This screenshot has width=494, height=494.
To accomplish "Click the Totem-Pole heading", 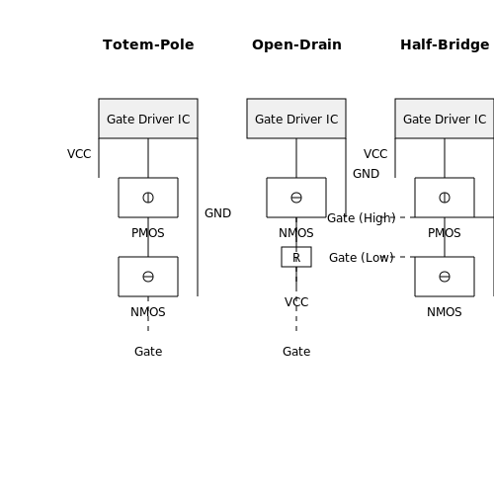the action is (148, 44).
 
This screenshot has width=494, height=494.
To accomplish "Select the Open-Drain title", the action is (296, 44).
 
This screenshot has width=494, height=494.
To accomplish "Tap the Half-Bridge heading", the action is (445, 44).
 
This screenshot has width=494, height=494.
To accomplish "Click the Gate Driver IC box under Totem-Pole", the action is (148, 119).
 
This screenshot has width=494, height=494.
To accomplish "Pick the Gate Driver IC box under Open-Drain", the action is (296, 119).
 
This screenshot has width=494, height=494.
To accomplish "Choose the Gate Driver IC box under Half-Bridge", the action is (445, 119).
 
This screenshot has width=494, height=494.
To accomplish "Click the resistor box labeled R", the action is (296, 257).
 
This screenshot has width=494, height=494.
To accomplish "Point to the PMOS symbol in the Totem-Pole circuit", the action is (148, 198).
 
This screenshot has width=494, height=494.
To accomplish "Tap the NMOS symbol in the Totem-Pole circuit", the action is (148, 277).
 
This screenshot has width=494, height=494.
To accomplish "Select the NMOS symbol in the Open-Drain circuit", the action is (296, 198).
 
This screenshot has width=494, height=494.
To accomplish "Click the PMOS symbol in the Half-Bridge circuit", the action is (445, 198).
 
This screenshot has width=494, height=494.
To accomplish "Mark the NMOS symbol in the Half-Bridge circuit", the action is (445, 277).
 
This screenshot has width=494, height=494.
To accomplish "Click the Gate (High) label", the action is (362, 218).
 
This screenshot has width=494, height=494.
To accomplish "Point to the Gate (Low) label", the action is (362, 258).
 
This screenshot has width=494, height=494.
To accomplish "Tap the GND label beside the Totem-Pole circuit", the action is (217, 213).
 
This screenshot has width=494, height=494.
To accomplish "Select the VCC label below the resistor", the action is (296, 302).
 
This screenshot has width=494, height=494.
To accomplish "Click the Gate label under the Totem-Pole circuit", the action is (148, 352).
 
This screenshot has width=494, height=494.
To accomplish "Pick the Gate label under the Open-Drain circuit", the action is (296, 352).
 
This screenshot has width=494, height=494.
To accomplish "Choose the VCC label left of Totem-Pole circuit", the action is (79, 154).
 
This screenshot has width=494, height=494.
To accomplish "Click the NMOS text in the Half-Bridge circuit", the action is (445, 312).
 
